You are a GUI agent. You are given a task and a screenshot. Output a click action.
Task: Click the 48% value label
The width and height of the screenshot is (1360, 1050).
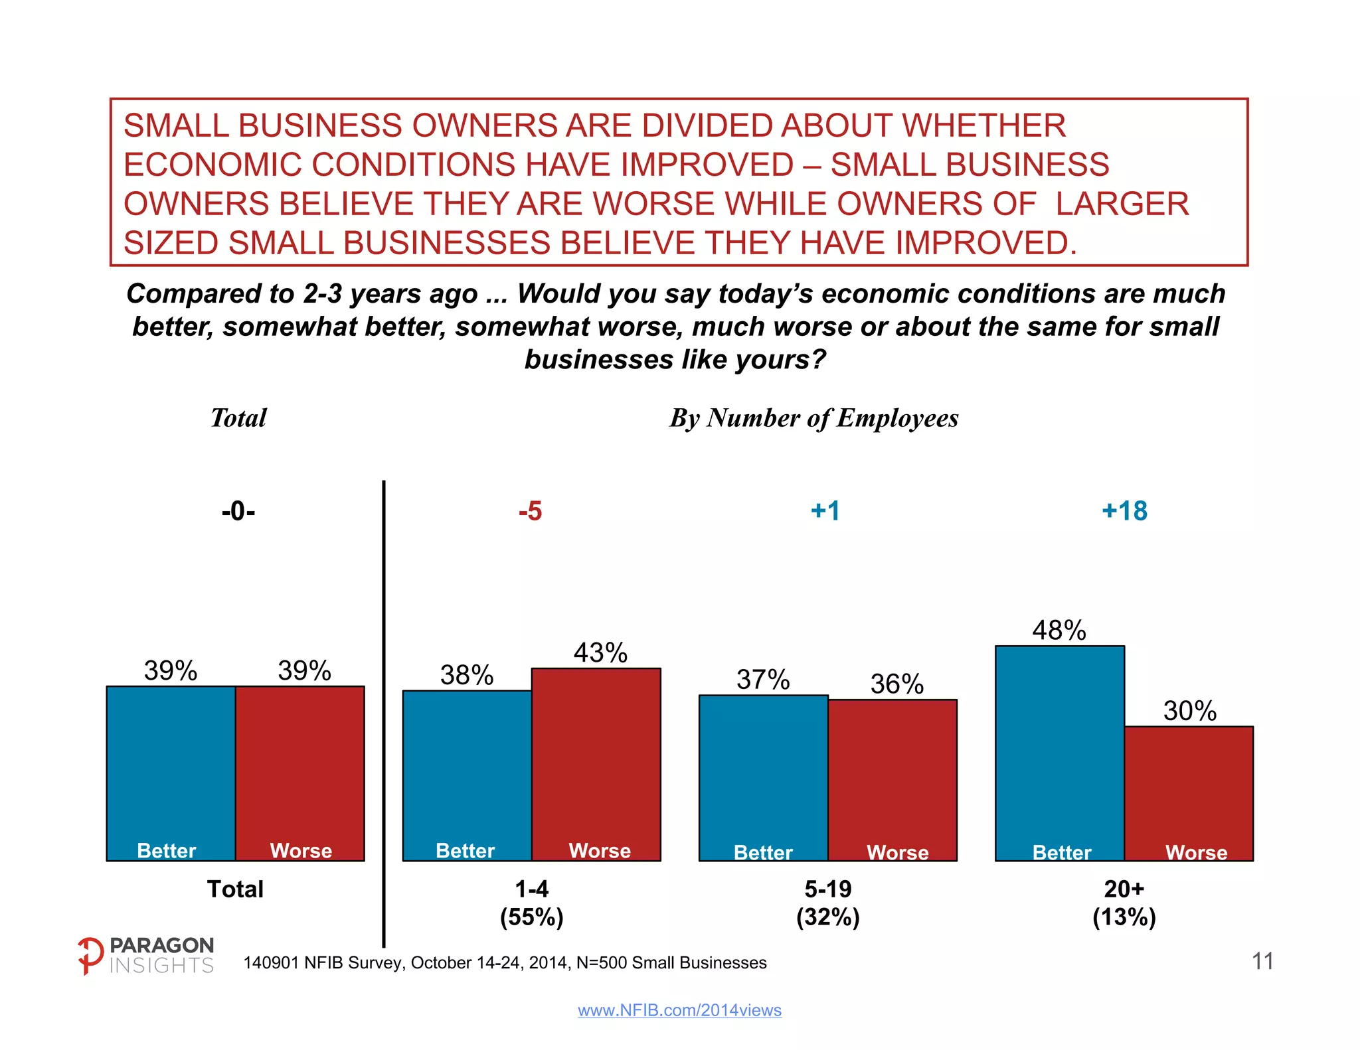pos(1059,630)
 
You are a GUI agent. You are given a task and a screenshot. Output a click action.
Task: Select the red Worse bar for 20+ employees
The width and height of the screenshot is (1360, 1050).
pos(1189,793)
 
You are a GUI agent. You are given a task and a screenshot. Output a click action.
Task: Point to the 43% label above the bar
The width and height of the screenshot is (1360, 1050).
pos(600,652)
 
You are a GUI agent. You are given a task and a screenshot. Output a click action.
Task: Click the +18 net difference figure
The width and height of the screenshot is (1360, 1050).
pos(1124,511)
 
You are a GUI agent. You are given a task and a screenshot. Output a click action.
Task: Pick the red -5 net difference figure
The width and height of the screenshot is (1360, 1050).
pos(530,511)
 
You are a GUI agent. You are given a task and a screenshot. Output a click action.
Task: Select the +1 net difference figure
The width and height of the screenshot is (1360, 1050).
pos(825,511)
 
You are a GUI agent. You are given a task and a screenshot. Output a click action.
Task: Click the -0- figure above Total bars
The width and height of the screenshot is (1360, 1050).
pos(238,511)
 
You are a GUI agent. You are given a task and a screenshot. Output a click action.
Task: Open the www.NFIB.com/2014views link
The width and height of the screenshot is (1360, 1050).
pos(679,1010)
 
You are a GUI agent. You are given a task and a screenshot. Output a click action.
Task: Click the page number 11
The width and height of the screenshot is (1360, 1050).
pos(1262,961)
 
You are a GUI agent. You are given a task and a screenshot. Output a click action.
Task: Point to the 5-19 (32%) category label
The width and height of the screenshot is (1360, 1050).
pos(828,903)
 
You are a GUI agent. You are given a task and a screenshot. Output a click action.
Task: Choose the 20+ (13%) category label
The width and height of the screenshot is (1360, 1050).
pos(1124,903)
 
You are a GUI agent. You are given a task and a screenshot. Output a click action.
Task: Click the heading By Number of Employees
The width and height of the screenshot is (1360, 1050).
pos(814,418)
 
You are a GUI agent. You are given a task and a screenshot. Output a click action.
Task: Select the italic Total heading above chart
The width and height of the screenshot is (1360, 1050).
pos(238,418)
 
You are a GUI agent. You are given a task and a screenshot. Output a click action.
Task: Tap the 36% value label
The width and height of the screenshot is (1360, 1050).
pos(896,684)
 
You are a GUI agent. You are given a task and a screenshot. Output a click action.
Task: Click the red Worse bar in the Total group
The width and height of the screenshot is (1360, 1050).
pos(300,773)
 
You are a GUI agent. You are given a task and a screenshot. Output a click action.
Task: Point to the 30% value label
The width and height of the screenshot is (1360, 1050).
pos(1189,711)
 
